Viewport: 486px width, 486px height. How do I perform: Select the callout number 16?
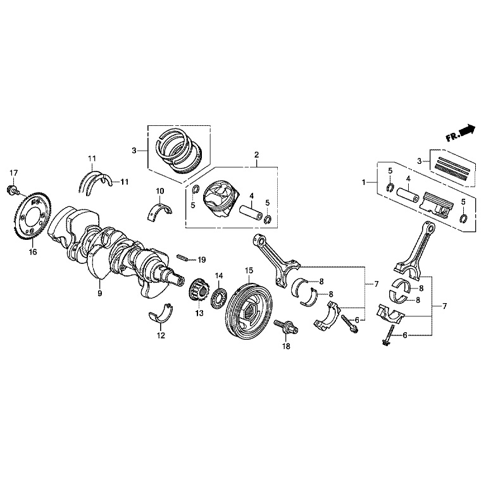(x=32, y=252)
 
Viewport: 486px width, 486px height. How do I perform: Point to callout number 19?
(x=202, y=259)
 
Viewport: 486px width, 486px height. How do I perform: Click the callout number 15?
(x=249, y=270)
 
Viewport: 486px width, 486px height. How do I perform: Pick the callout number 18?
(x=286, y=347)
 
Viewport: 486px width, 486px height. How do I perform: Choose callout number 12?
(x=161, y=335)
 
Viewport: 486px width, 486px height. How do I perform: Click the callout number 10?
(x=160, y=190)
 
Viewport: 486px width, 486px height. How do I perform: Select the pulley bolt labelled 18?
(x=282, y=327)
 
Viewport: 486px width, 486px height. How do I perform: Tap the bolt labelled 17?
(x=13, y=189)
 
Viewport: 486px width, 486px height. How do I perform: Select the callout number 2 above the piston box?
(x=257, y=155)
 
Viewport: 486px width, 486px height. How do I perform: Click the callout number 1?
(x=364, y=182)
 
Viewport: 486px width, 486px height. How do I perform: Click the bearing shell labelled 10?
(x=159, y=210)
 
